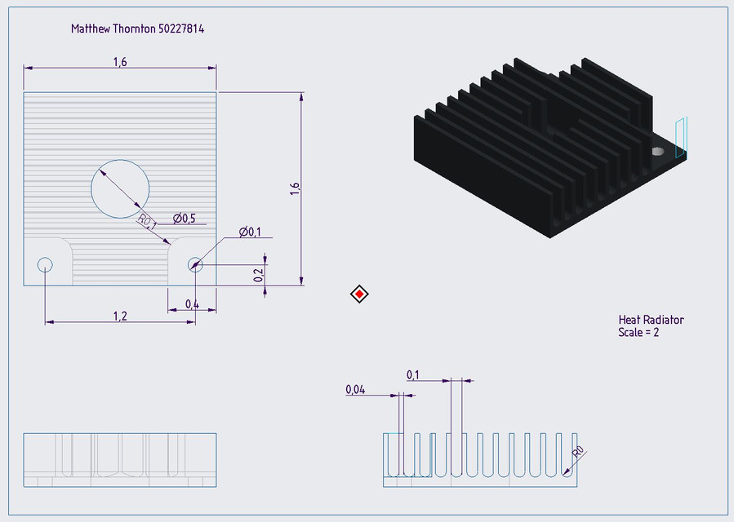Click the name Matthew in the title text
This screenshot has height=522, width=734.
pos(92,29)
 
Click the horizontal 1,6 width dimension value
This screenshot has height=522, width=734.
pos(119,62)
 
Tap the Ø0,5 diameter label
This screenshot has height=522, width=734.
pos(184,218)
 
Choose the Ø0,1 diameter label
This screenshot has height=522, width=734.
pos(250,232)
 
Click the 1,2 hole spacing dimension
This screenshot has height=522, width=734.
pos(119,316)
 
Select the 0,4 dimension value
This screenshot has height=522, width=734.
pos(192,304)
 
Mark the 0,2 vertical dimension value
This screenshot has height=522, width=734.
pos(259,275)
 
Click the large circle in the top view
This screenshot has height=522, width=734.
pos(120,188)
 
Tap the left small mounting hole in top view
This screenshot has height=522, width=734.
pos(45,264)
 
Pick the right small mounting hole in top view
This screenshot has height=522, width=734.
pos(195,263)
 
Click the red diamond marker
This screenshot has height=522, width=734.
pos(359,294)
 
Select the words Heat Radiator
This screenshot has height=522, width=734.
pos(651,320)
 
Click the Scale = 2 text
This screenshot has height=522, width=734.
pos(638,333)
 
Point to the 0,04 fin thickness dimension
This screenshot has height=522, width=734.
pos(355,391)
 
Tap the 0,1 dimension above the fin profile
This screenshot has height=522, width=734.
pos(412,374)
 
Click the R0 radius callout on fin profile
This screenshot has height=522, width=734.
pos(578,452)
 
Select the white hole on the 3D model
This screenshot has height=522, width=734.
pos(657,151)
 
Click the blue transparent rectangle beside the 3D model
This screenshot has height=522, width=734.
pos(682,136)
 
